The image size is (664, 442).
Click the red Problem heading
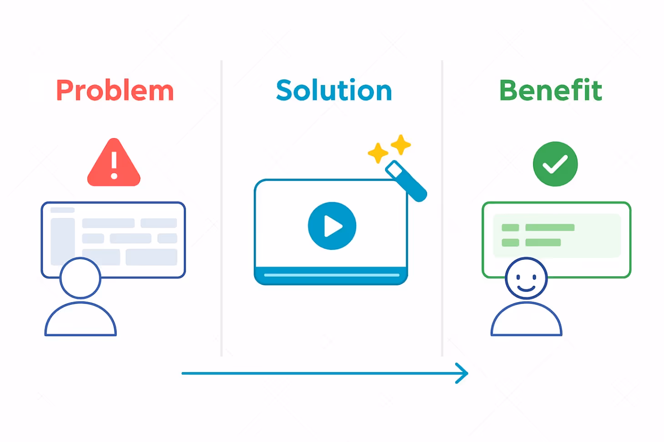[115, 90]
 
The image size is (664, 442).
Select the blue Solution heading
[334, 90]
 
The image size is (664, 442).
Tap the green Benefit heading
[550, 90]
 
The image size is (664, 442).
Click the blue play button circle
[332, 226]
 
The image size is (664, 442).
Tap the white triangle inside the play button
[333, 226]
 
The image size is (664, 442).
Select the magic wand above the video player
[406, 181]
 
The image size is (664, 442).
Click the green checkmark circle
[555, 164]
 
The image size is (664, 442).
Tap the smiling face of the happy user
[526, 278]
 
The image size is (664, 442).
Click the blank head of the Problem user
[80, 278]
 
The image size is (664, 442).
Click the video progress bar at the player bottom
[332, 275]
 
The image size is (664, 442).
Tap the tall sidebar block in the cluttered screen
[63, 241]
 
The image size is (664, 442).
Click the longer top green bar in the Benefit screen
[550, 227]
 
